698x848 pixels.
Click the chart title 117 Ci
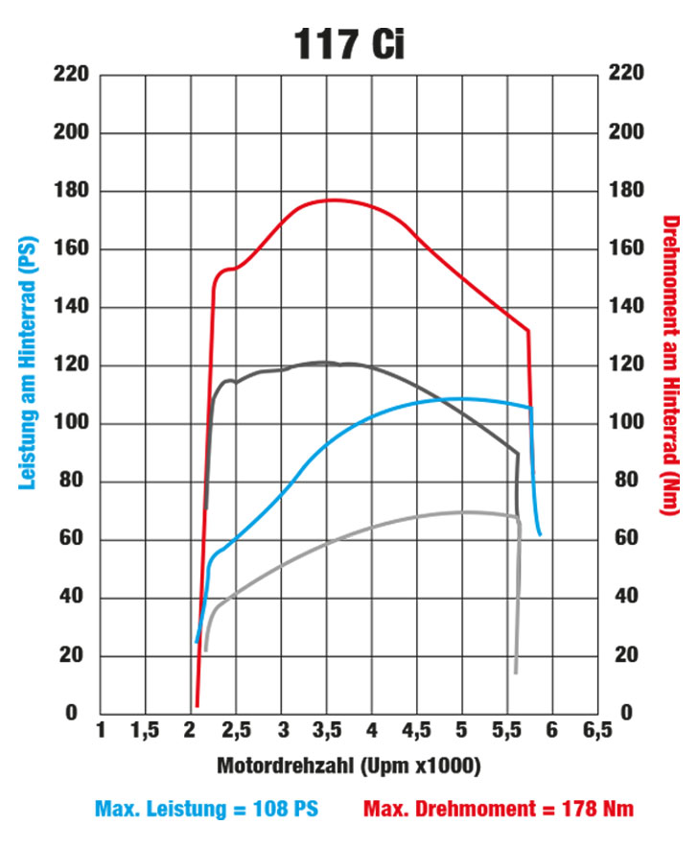pos(348,42)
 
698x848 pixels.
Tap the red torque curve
pos(331,200)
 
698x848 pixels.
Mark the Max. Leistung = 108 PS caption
pos(207,809)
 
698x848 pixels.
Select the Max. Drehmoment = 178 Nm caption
pos(499,809)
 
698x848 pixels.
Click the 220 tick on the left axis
pos(72,75)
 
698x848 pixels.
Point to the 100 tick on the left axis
pos(72,423)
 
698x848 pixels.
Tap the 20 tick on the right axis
pos(624,655)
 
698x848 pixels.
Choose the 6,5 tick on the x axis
pos(596,732)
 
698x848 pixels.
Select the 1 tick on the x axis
pos(101,732)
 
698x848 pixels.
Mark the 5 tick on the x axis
pos(462,732)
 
